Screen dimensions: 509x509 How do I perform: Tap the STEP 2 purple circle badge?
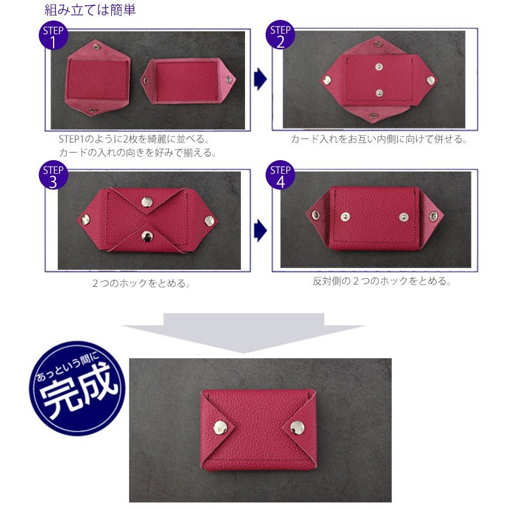(x=280, y=37)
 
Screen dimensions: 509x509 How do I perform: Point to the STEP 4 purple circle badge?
(x=280, y=176)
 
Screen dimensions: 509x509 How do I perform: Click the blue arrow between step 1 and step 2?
(x=260, y=80)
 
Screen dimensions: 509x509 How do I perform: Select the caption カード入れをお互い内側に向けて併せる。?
(x=379, y=140)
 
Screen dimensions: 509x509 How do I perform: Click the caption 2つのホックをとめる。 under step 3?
(x=141, y=283)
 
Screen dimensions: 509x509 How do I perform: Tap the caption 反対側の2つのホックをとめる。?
(x=382, y=281)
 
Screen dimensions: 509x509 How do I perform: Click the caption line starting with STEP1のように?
(x=134, y=140)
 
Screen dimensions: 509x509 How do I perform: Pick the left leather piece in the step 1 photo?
(x=97, y=80)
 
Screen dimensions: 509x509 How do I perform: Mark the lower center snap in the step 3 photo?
(x=145, y=237)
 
